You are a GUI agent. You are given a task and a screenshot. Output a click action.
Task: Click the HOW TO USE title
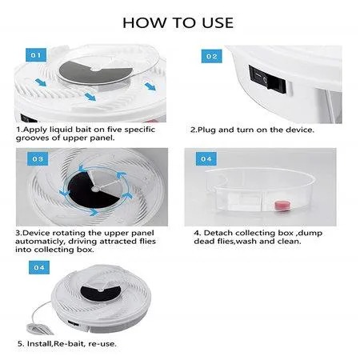(x=178, y=23)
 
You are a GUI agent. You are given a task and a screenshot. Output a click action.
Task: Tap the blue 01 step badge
(x=36, y=55)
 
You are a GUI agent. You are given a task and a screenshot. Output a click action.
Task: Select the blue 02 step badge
(x=211, y=56)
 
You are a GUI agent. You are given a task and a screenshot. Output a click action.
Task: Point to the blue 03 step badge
(x=38, y=159)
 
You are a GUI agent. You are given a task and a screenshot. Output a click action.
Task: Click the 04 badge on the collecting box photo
(x=206, y=159)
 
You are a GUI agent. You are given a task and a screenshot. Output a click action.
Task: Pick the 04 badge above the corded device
(x=39, y=267)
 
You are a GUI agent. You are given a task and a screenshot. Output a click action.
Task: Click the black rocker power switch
(x=267, y=79)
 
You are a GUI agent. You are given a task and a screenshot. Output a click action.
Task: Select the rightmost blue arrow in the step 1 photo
(x=150, y=86)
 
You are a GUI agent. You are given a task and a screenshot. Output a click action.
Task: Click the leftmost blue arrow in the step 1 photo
(x=41, y=82)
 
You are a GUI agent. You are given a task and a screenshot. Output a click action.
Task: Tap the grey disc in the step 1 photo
(x=95, y=72)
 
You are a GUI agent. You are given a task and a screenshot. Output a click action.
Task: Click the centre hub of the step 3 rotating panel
(x=95, y=189)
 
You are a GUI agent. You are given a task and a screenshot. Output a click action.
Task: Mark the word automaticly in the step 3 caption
(x=39, y=242)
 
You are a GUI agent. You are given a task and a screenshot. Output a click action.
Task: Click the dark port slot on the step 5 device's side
(x=74, y=323)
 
